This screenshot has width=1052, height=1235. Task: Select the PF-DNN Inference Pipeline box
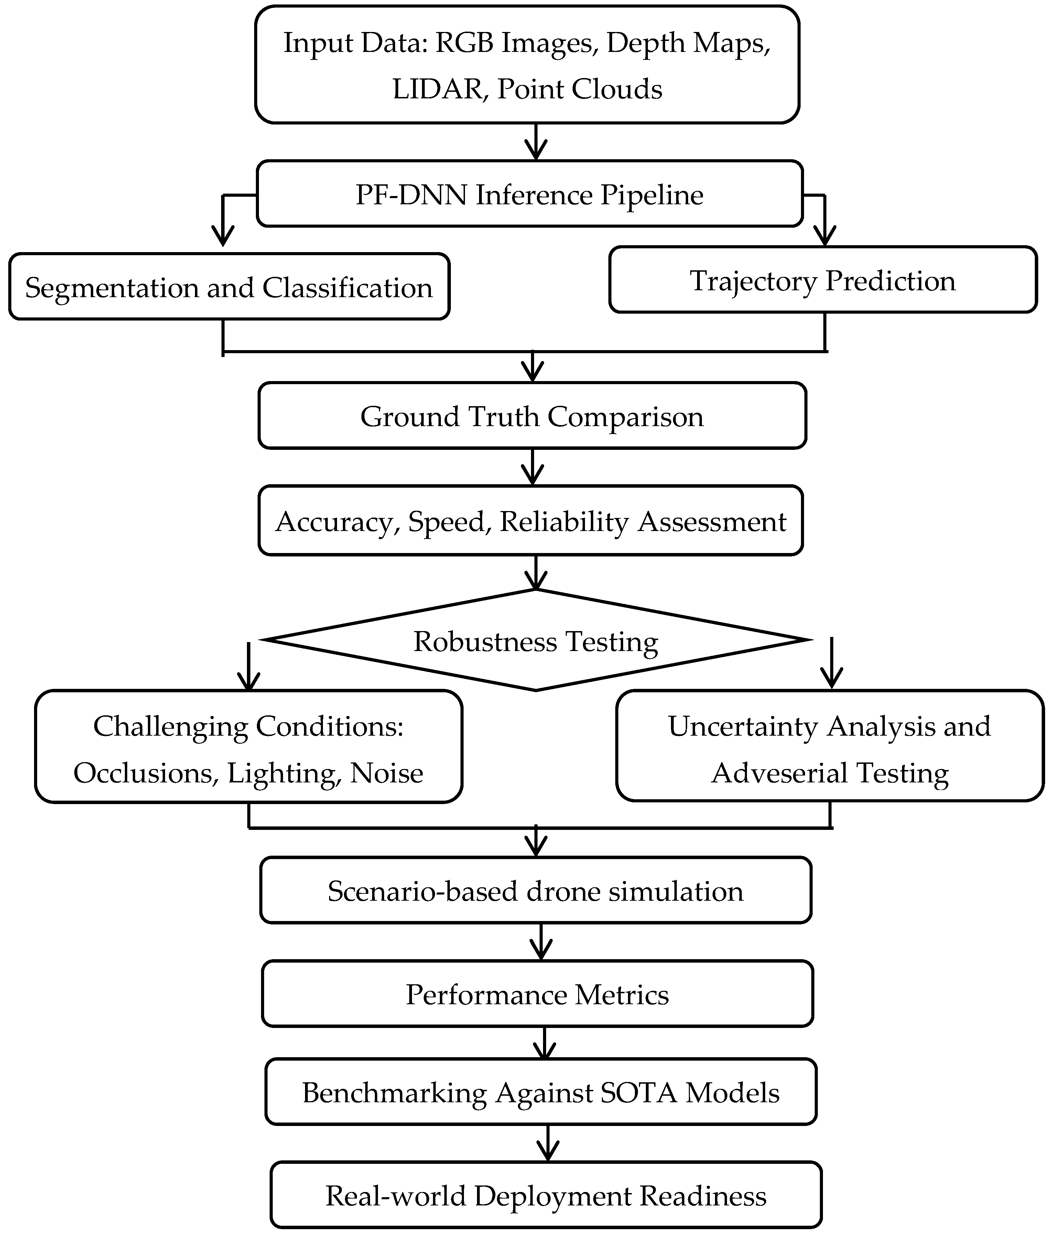click(529, 194)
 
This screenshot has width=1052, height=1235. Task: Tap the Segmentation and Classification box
click(229, 287)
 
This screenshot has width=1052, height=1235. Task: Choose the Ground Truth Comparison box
click(532, 416)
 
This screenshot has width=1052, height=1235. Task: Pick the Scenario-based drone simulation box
click(535, 891)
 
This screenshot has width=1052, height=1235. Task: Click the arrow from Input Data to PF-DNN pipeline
click(536, 143)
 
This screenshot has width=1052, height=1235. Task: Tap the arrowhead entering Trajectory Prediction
click(825, 236)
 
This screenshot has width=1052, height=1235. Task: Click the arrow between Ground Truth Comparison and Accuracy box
click(532, 468)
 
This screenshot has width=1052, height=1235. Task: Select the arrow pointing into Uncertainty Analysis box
click(831, 664)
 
